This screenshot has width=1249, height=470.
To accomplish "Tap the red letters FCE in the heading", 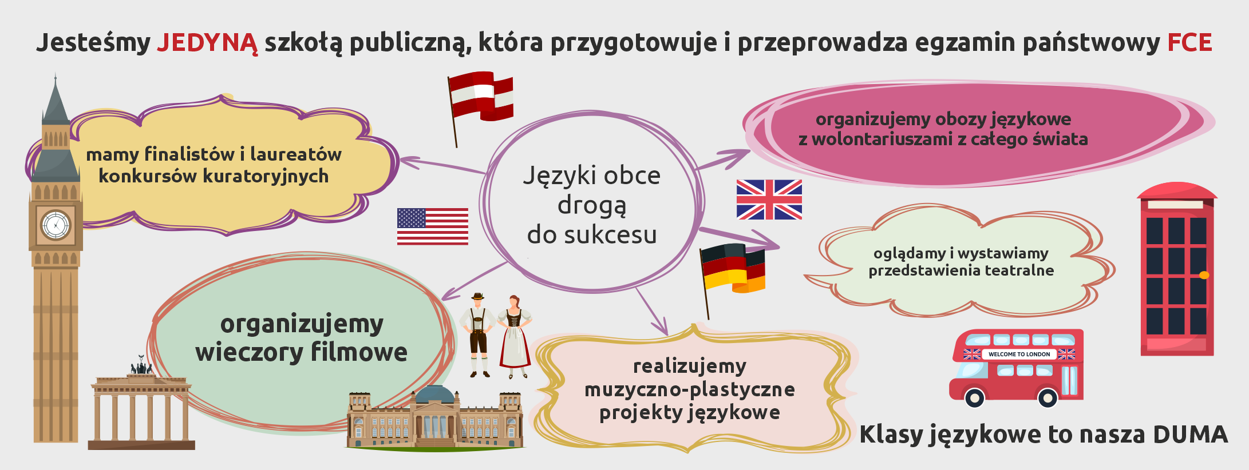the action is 1189,43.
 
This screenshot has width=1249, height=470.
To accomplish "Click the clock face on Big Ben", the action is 56,225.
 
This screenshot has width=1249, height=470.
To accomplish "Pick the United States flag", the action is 433,226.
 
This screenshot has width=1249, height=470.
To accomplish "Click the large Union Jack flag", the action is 769,200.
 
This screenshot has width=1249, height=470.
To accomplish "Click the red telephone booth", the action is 1177,269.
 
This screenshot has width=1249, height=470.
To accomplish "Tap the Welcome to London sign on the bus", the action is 1019,354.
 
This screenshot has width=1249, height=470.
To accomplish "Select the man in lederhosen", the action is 478,335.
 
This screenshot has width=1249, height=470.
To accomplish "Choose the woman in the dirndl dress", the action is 515,337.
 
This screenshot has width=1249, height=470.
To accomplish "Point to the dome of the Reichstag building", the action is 436,394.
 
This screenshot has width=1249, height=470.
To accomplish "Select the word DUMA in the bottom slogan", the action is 1191,435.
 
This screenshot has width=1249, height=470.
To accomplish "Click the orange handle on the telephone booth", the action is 1204,275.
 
